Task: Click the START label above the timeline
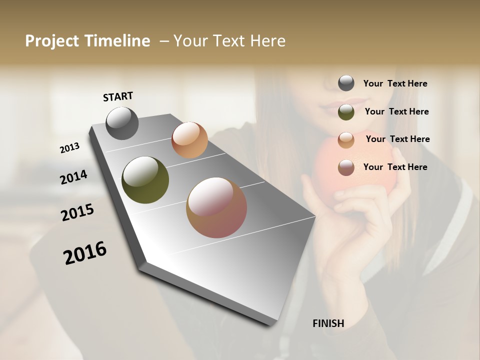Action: [x=118, y=96]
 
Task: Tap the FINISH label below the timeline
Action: [x=328, y=323]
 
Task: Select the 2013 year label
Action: [x=70, y=148]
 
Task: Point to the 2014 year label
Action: [x=73, y=177]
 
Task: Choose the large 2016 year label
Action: [x=85, y=253]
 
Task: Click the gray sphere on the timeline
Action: [x=122, y=123]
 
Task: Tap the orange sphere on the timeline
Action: [x=189, y=140]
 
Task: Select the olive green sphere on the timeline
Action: [x=145, y=180]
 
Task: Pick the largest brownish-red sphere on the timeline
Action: [x=216, y=207]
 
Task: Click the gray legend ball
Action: [x=346, y=83]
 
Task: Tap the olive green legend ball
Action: [x=346, y=112]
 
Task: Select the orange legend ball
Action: [x=346, y=140]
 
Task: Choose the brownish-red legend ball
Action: [x=346, y=167]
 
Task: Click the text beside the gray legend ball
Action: [x=395, y=83]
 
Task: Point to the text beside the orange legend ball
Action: [x=397, y=139]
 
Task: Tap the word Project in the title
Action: [x=51, y=41]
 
